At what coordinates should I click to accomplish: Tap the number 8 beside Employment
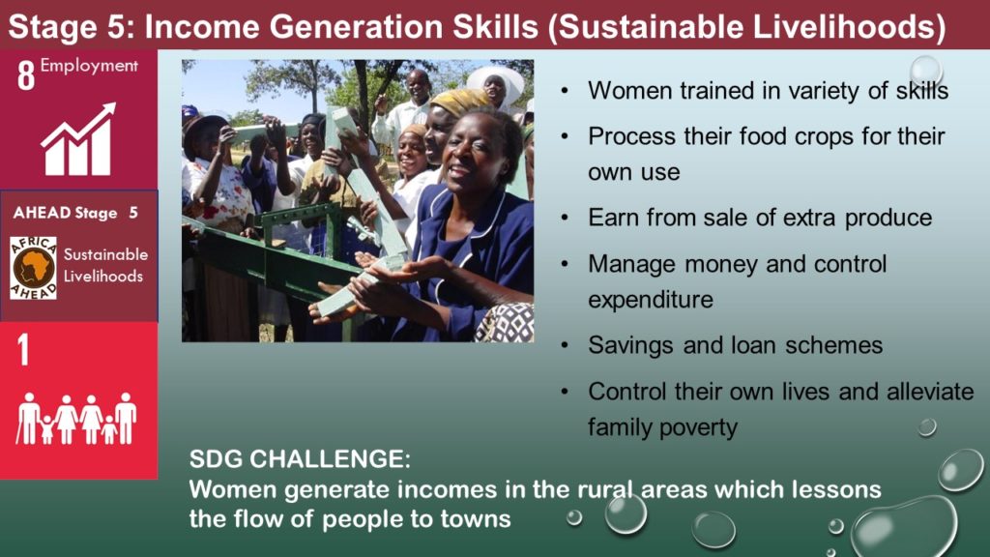pos(26,75)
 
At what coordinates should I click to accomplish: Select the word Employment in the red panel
pos(89,67)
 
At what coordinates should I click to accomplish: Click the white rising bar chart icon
pos(79,139)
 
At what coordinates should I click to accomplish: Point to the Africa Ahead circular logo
pos(34,268)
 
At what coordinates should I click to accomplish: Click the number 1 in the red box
pos(23,349)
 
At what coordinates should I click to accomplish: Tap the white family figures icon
pos(77,418)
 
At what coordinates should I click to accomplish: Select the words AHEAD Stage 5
pos(75,213)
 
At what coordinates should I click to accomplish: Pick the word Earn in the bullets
pos(609,218)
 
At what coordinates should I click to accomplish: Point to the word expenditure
pos(651,300)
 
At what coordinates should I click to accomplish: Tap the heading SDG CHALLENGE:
pos(300,459)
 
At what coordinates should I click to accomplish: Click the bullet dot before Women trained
pos(565,91)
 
